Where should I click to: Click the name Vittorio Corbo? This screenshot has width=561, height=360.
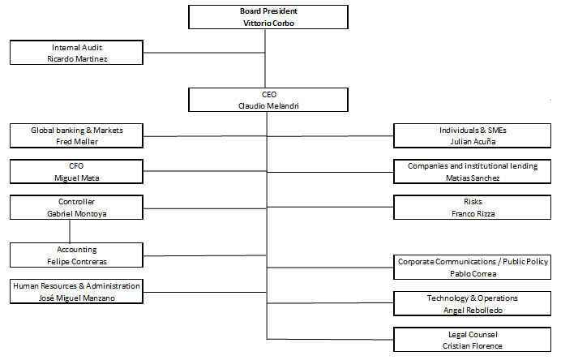tap(268, 24)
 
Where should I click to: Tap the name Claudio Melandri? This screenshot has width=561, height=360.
tap(268, 106)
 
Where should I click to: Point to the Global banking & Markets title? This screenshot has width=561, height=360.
tap(76, 131)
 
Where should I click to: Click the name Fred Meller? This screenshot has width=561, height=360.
tap(76, 142)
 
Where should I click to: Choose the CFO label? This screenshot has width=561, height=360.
tap(76, 166)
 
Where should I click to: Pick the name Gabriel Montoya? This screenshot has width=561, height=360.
tap(76, 214)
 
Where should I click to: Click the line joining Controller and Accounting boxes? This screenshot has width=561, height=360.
tap(70, 231)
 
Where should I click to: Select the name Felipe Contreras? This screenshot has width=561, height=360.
tap(76, 262)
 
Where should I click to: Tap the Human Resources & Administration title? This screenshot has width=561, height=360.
tap(76, 286)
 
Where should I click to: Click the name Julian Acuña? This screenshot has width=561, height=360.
tap(473, 142)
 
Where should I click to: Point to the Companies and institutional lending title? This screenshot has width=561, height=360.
tap(473, 166)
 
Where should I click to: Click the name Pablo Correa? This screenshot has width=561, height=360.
tap(473, 274)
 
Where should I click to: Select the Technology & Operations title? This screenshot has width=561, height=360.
tap(473, 298)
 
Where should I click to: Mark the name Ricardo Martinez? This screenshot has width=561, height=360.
tap(77, 59)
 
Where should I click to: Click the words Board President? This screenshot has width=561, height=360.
tap(268, 11)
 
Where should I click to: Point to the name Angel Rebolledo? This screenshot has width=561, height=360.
tap(473, 311)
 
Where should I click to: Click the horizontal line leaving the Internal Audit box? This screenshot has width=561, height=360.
tap(204, 53)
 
